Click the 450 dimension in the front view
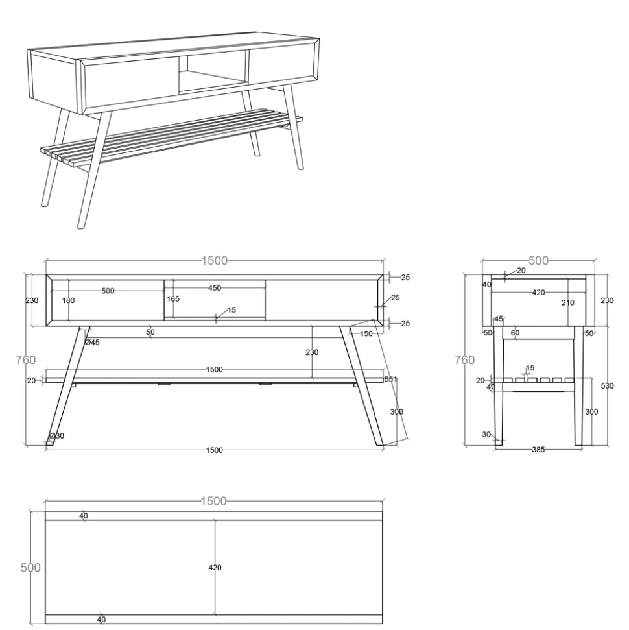tap(215, 288)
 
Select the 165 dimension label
tap(173, 299)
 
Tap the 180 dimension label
tap(68, 300)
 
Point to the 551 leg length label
tap(390, 380)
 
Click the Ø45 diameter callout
tap(92, 343)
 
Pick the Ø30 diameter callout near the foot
tap(56, 436)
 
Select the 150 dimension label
tap(366, 334)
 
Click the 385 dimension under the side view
tap(538, 450)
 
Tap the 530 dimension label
tap(607, 386)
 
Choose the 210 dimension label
tap(567, 303)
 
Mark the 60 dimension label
tap(515, 333)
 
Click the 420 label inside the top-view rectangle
tap(215, 568)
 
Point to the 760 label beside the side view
tap(465, 360)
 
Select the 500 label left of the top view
tap(30, 567)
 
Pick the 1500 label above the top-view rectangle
tap(214, 501)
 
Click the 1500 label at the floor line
tap(214, 450)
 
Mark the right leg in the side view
tap(579, 385)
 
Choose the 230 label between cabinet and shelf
tap(312, 352)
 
